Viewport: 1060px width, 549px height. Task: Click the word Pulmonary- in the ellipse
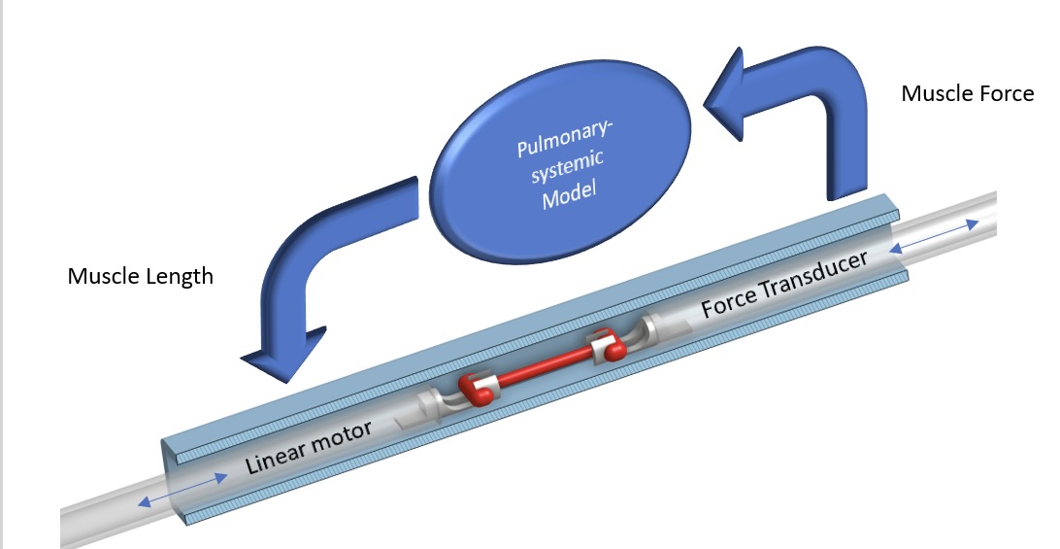[x=562, y=138]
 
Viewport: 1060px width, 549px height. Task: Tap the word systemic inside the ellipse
[x=567, y=166]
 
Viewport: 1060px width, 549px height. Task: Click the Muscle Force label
[x=968, y=92]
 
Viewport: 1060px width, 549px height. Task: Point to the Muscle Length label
[x=141, y=276]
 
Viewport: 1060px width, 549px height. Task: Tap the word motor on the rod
[x=344, y=434]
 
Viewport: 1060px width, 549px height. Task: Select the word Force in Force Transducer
[x=729, y=302]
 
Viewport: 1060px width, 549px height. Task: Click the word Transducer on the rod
[x=813, y=276]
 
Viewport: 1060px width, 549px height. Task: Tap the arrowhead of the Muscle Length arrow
[x=284, y=356]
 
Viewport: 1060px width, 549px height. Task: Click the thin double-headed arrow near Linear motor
[x=182, y=490]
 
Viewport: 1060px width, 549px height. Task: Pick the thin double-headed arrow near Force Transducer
[x=934, y=236]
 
